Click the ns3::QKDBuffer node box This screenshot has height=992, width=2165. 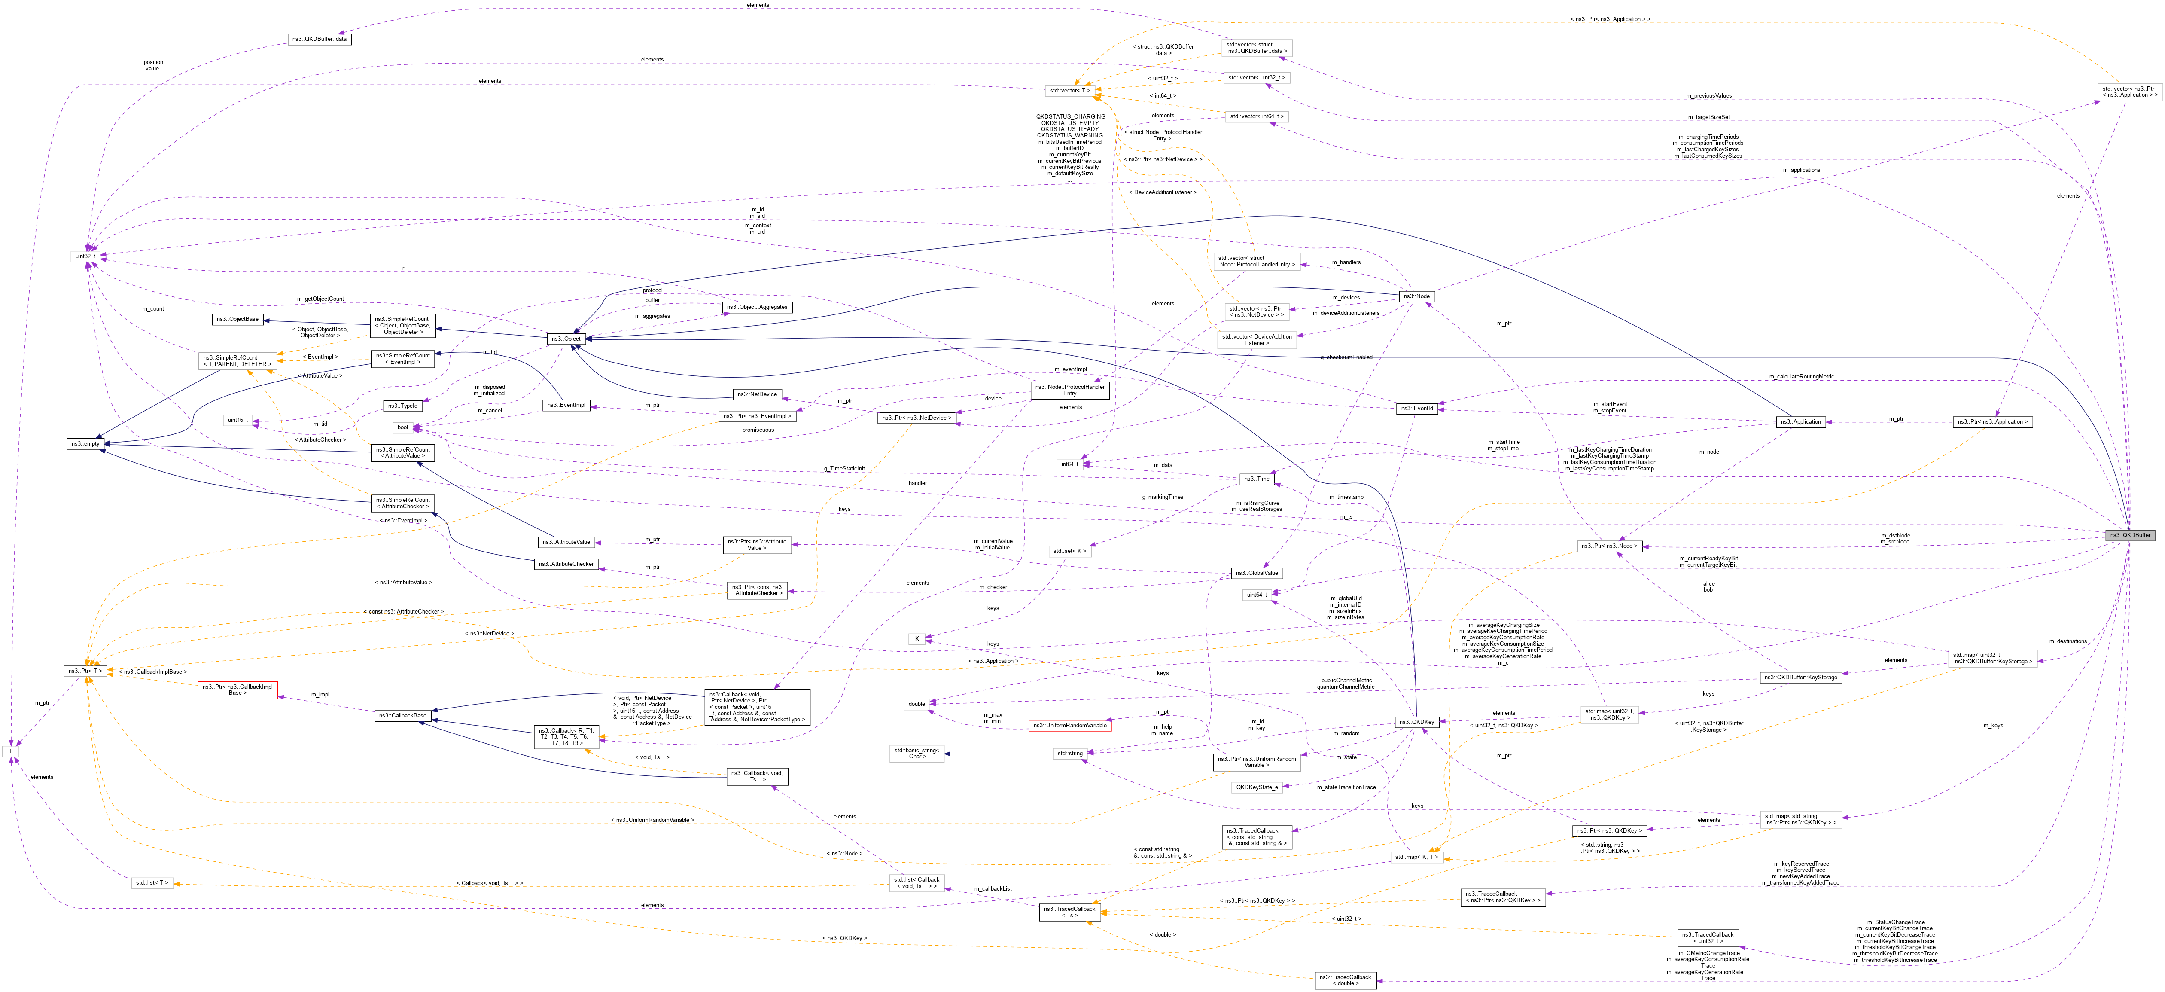(x=2129, y=535)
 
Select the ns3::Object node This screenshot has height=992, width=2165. (x=566, y=339)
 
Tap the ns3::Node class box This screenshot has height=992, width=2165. (x=1416, y=296)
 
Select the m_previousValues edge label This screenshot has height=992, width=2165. (x=1708, y=96)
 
